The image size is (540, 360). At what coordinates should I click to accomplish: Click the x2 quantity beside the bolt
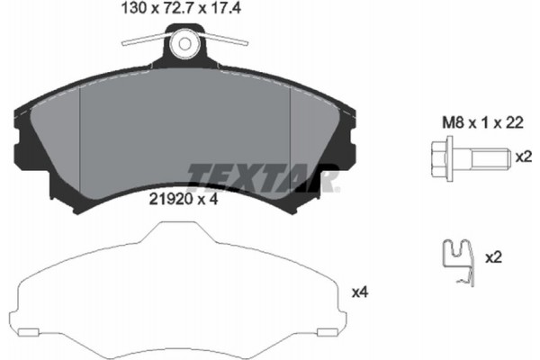(x=521, y=157)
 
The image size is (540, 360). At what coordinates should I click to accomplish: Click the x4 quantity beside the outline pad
(x=360, y=292)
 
